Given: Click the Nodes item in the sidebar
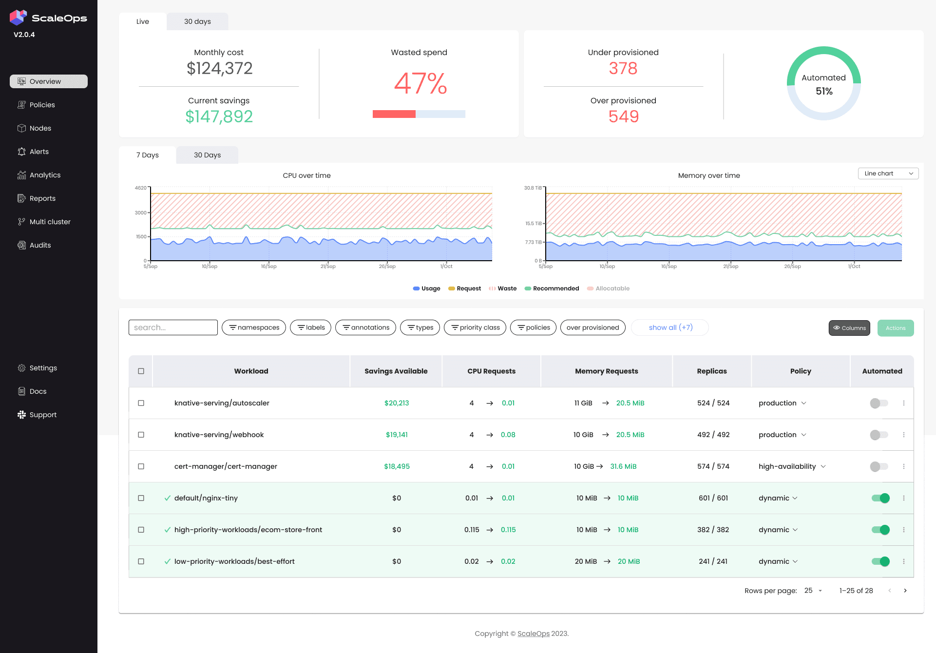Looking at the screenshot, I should click(x=40, y=128).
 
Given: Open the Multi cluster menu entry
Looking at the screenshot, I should click(x=50, y=222).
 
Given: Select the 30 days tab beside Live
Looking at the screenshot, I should click(x=197, y=21).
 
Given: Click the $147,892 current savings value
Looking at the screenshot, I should click(x=219, y=116).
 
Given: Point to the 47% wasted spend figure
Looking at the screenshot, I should click(x=420, y=83).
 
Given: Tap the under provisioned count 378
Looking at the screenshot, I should click(x=623, y=68).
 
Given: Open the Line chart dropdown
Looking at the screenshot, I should click(x=888, y=173).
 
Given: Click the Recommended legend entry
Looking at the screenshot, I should click(x=555, y=288).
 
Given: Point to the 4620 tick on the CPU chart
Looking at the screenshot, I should click(x=140, y=188).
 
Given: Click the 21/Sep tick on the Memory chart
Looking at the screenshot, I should click(x=730, y=266).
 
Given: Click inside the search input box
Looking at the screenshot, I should click(x=173, y=327).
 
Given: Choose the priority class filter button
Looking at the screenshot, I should click(x=475, y=327).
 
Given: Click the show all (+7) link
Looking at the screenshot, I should click(x=670, y=327).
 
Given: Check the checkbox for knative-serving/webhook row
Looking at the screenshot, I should click(x=141, y=435).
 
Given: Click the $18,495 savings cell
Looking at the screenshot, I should click(x=397, y=466).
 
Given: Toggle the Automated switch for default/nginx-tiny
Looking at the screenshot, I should click(x=880, y=498).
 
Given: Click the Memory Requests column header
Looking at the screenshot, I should click(x=606, y=371).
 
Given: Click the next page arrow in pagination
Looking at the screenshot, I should click(x=905, y=591).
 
